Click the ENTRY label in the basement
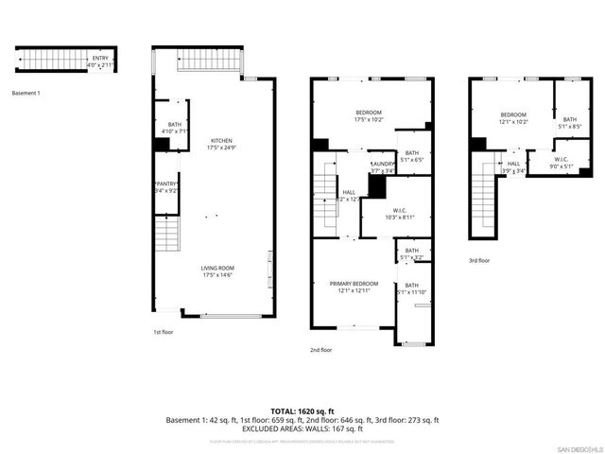pyautogui.click(x=100, y=59)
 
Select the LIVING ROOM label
pyautogui.click(x=216, y=269)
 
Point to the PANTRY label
pyautogui.click(x=167, y=184)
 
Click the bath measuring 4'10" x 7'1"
pyautogui.click(x=174, y=126)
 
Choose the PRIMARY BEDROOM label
pyautogui.click(x=354, y=284)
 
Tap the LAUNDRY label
pyautogui.click(x=383, y=165)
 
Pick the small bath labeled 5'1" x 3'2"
pyautogui.click(x=411, y=253)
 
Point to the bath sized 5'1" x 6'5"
pyautogui.click(x=412, y=156)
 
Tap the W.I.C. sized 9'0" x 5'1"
pyautogui.click(x=561, y=163)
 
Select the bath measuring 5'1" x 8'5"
pyautogui.click(x=570, y=122)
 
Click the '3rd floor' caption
pyautogui.click(x=479, y=260)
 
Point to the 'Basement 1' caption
pyautogui.click(x=26, y=93)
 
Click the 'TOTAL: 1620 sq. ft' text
pyautogui.click(x=302, y=411)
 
